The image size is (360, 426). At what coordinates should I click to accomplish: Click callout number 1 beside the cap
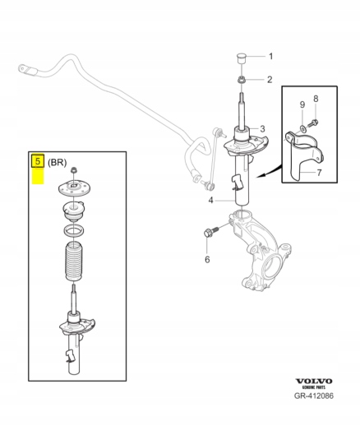pos(270,57)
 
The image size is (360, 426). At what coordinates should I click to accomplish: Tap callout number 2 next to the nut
pos(270,80)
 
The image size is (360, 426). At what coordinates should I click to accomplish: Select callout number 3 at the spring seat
pos(262,128)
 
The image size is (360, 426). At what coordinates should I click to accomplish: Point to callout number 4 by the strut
pos(210,201)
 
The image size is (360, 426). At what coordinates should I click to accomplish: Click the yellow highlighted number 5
pos(38,161)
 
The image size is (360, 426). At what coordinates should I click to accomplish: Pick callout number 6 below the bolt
pos(207,259)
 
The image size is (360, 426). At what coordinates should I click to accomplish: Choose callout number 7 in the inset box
pos(319,173)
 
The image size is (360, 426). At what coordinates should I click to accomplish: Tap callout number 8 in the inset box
pos(316,99)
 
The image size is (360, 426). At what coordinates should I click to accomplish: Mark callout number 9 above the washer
pos(302,104)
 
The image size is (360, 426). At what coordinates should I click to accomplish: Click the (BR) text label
pos(57,163)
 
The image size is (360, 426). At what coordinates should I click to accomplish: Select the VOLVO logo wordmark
pos(314,382)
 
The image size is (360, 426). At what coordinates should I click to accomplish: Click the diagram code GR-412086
pos(314,396)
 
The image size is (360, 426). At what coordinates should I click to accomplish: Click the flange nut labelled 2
pos(241,80)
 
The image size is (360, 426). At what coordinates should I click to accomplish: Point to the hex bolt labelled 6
pos(210,232)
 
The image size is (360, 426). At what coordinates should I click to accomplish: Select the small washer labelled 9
pos(302,128)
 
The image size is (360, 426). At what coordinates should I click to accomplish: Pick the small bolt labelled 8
pos(312,123)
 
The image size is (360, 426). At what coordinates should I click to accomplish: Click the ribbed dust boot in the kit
pos(74,262)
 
